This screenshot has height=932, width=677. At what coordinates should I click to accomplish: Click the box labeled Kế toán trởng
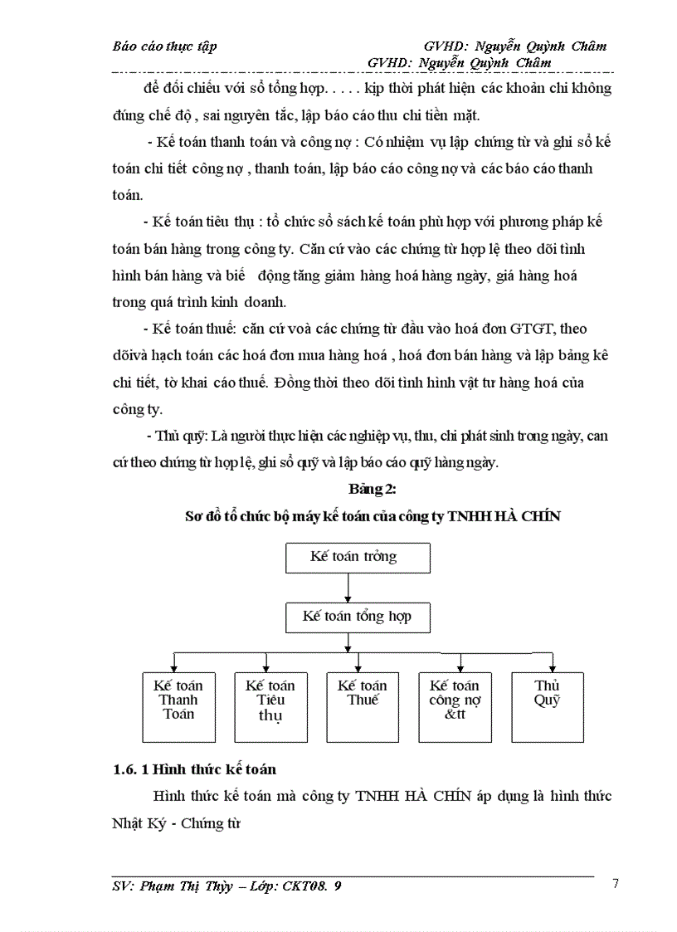pos(358,557)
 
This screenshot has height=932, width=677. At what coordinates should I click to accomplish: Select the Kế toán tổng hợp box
pos(358,617)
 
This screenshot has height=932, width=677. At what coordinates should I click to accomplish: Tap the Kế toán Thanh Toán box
pos(179,705)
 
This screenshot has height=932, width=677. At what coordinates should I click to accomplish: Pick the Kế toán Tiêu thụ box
pos(270,705)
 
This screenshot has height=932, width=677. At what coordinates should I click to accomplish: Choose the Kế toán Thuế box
pos(363,705)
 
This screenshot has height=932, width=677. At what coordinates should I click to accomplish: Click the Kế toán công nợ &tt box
pos(455,705)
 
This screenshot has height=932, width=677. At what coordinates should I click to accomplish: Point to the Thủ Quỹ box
pos(547,705)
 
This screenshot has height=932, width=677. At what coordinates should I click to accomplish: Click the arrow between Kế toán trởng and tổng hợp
pos(348,588)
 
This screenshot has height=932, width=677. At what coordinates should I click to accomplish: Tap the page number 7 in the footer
pos(615,883)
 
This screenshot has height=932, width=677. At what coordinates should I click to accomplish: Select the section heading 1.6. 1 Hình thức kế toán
pos(195,770)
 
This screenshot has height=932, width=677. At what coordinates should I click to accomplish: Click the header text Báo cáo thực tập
pos(164,46)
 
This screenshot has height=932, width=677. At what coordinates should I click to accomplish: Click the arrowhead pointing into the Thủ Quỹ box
pos(552,666)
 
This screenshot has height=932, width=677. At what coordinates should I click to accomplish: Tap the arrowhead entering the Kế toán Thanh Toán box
pos(174,666)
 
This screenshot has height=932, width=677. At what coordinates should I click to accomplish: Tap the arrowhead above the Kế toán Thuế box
pos(358,666)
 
